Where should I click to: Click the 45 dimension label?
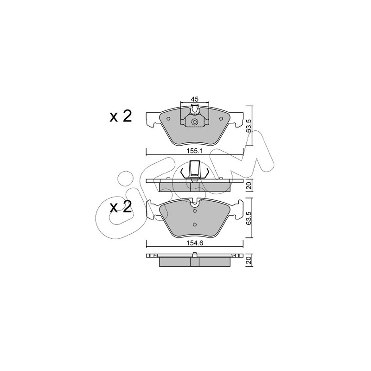click(195, 99)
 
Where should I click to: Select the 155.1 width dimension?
click(195, 151)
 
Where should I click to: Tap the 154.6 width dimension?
click(195, 243)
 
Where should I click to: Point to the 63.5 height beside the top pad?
click(249, 125)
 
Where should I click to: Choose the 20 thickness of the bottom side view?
click(249, 261)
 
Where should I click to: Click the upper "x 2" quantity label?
click(121, 116)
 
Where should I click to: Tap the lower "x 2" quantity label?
click(121, 206)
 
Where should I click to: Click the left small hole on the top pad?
click(168, 119)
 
